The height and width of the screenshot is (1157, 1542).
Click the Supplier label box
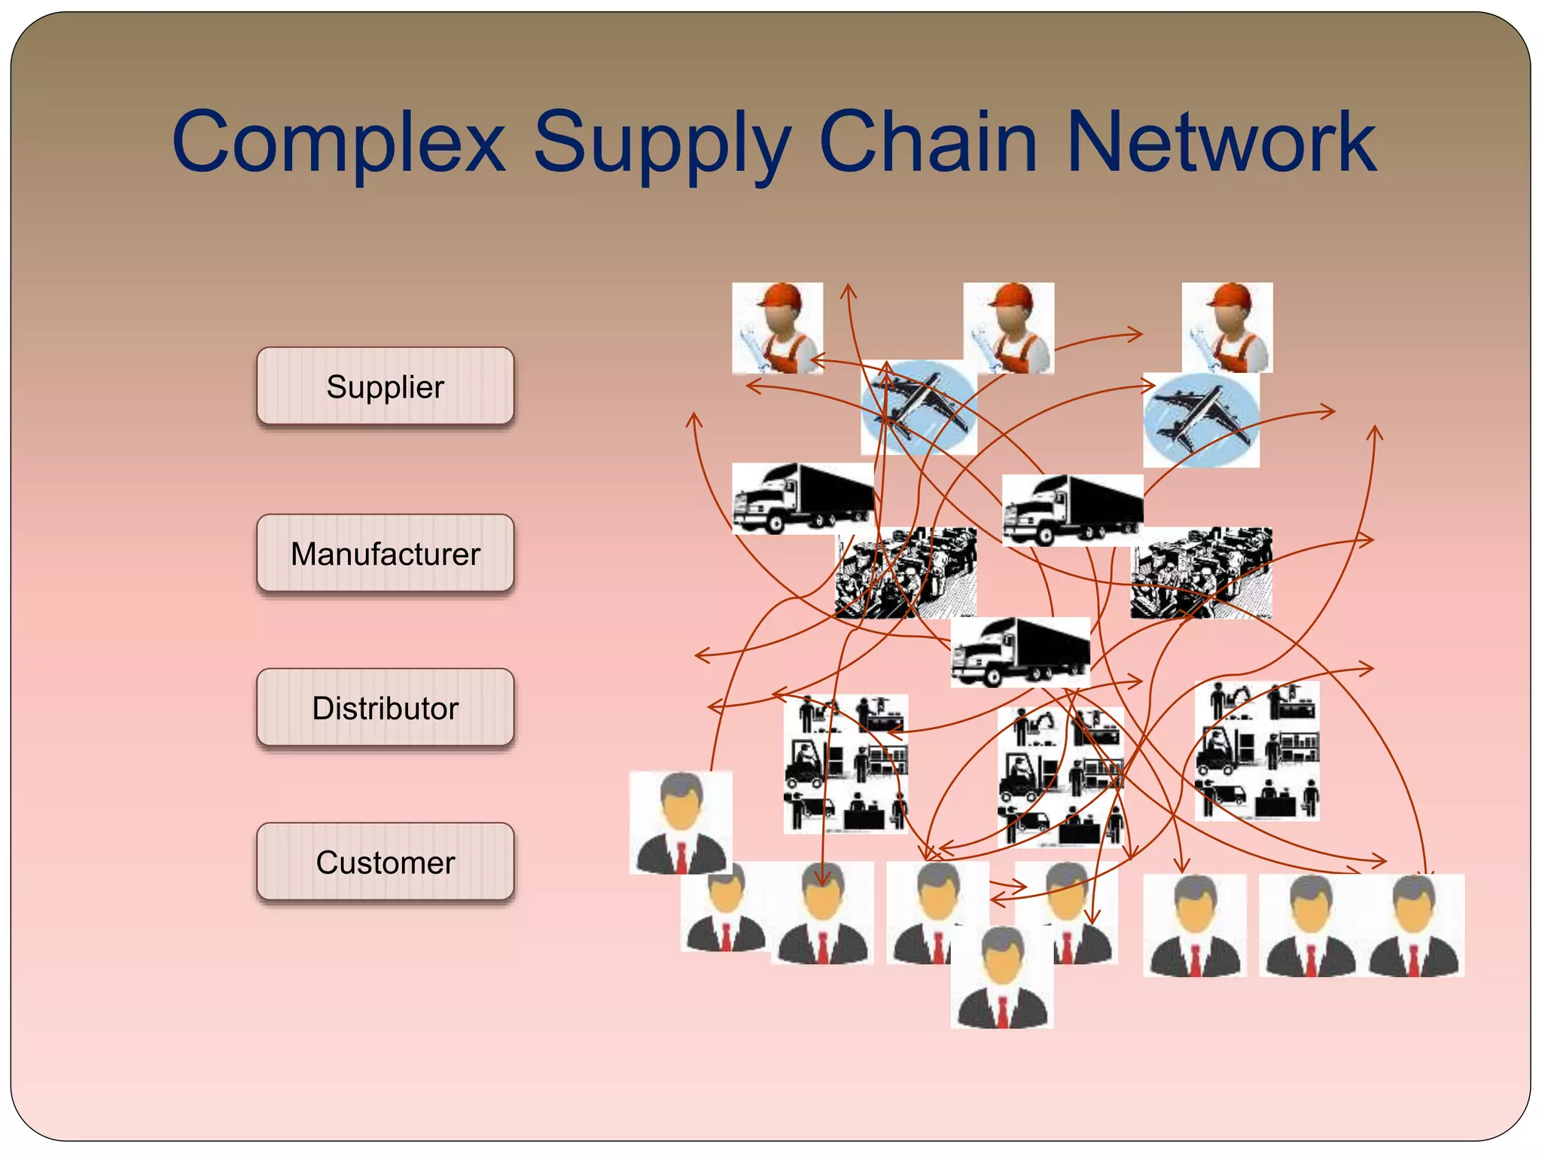[x=385, y=386]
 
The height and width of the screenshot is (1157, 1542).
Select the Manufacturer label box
[x=385, y=554]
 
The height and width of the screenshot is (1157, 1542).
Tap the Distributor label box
[x=385, y=708]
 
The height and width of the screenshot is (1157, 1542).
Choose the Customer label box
[x=385, y=862]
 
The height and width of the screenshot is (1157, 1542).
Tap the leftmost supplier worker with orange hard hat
[x=777, y=328]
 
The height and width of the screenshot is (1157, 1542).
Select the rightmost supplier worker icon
[x=1227, y=328]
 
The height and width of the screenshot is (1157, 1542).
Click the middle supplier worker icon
[x=1008, y=328]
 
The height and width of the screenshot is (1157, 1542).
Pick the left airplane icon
[x=919, y=407]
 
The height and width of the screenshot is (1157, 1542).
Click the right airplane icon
[x=1201, y=420]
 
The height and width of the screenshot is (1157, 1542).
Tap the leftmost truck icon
[x=803, y=499]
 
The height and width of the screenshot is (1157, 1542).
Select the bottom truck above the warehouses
[x=1019, y=652]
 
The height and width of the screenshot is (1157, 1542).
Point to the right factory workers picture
[x=1201, y=572]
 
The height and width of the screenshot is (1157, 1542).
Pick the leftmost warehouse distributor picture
[x=845, y=763]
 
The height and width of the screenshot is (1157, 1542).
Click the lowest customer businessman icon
[x=1001, y=977]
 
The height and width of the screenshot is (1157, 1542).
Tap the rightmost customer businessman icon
[x=1413, y=926]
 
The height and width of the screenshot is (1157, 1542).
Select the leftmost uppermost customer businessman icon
[x=681, y=822]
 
